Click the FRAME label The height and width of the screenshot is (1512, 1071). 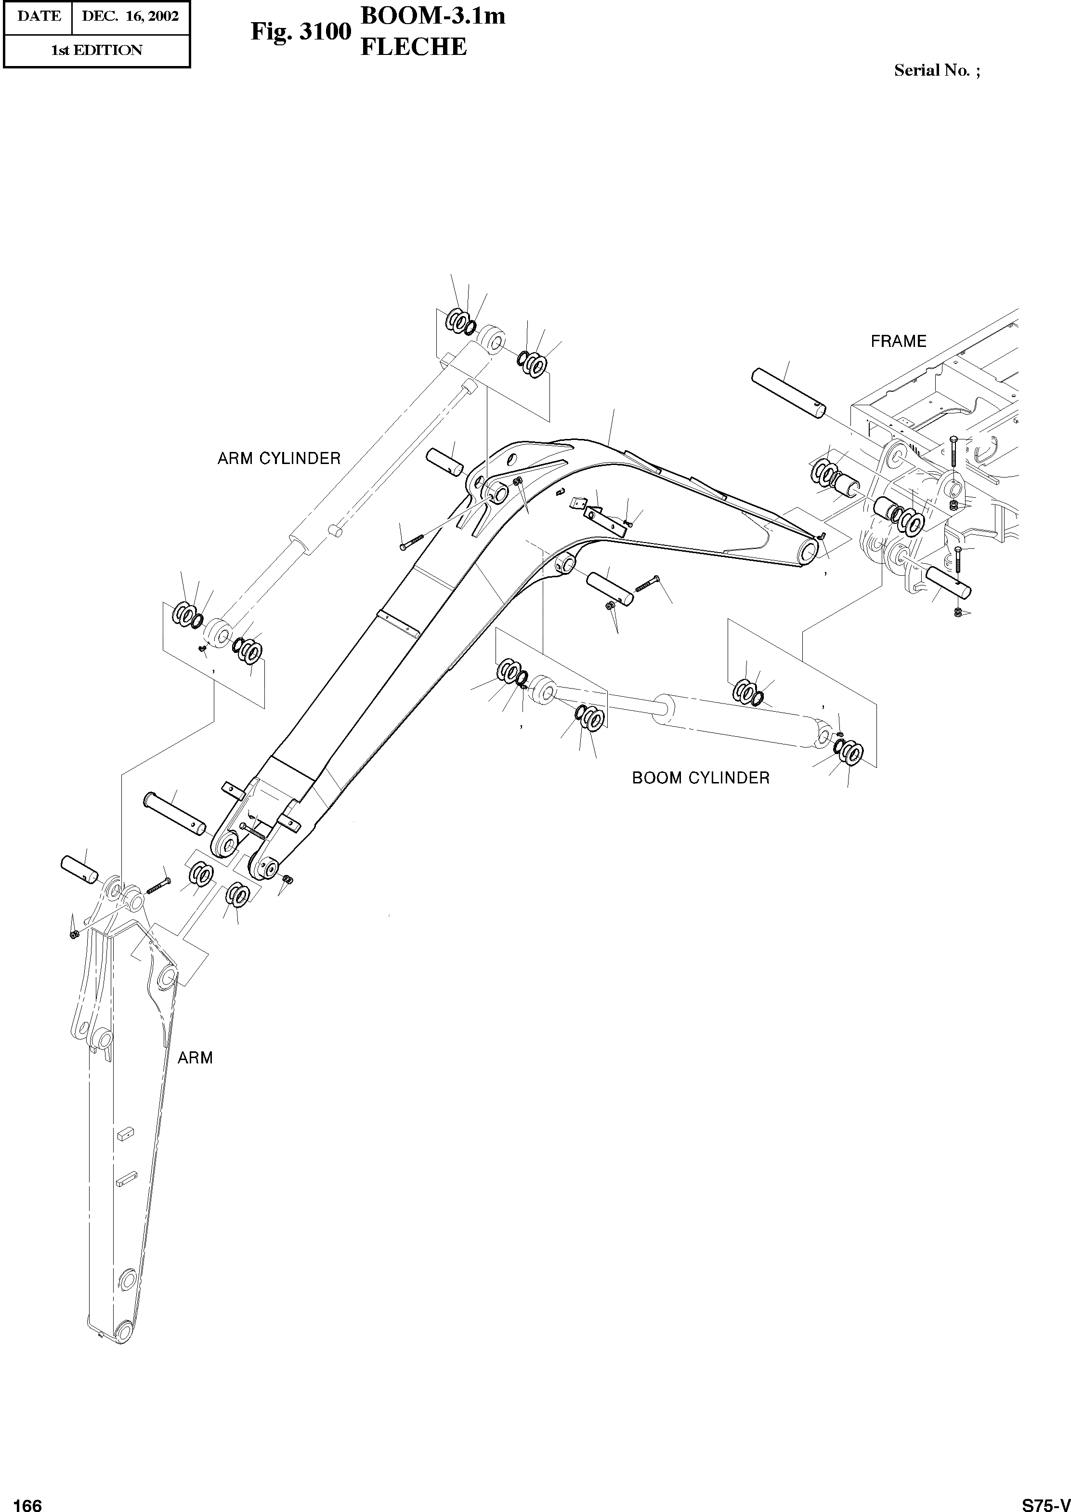pyautogui.click(x=898, y=341)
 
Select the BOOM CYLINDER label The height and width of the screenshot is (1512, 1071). pyautogui.click(x=700, y=778)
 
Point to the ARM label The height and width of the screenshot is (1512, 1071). pyautogui.click(x=195, y=1058)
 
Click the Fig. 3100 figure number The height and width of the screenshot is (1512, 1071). pyautogui.click(x=300, y=32)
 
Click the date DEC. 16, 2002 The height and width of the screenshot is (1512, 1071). pyautogui.click(x=130, y=16)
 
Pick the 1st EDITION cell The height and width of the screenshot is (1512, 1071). pyautogui.click(x=96, y=51)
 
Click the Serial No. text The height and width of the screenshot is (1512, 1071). pyautogui.click(x=937, y=70)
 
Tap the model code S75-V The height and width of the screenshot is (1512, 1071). pyautogui.click(x=1045, y=1500)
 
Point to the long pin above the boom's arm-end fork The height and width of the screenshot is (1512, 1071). pyautogui.click(x=175, y=813)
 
